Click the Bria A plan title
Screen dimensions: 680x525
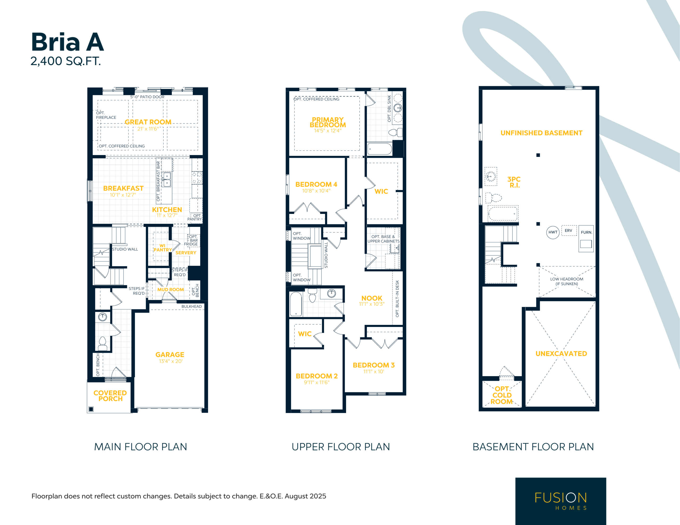[x=67, y=42]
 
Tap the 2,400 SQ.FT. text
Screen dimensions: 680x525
[x=66, y=61]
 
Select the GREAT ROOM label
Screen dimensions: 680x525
[x=148, y=122]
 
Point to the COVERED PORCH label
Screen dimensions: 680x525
[x=110, y=396]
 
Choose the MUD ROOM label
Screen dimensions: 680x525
[x=170, y=289]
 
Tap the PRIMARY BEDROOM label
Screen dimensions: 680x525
[x=328, y=122]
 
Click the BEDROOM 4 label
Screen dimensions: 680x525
[x=316, y=184]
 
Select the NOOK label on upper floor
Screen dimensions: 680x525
[x=372, y=298]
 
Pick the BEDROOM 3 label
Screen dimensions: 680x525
[x=374, y=365]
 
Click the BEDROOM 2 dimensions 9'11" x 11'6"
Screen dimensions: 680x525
[x=317, y=382]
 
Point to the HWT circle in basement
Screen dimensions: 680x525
[x=553, y=232]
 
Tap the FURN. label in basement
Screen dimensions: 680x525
[x=586, y=232]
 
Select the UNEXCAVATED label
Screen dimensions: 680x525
[x=561, y=354]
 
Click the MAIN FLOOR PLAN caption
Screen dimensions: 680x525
[x=141, y=447]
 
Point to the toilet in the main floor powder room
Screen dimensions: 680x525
[x=103, y=343]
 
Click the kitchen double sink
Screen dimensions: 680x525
[x=167, y=180]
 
